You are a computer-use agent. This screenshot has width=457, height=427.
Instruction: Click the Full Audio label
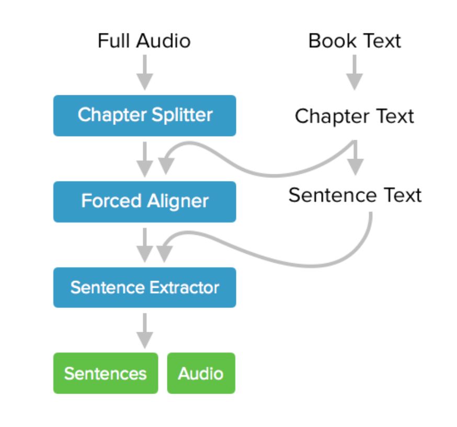[x=144, y=41]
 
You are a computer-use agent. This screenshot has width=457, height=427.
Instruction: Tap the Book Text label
[x=355, y=41]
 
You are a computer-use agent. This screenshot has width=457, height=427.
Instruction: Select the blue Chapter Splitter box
[x=144, y=115]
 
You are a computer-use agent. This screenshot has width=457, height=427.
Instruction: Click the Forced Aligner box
[x=144, y=201]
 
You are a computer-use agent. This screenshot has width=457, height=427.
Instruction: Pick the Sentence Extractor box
[x=144, y=287]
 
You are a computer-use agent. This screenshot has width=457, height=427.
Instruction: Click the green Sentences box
[x=105, y=373]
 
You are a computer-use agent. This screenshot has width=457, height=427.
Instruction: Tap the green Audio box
[x=201, y=373]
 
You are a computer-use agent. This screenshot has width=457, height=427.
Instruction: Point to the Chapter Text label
[x=354, y=116]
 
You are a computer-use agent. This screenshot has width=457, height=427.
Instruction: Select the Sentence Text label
[x=355, y=195]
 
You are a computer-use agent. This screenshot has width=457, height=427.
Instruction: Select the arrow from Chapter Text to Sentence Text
[x=356, y=159]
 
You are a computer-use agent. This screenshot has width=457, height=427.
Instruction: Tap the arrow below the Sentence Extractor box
[x=145, y=330]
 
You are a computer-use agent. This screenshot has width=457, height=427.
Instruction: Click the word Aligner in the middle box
[x=178, y=201]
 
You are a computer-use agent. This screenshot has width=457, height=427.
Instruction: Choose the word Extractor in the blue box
[x=184, y=287]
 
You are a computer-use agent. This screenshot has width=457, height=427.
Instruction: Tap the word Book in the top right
[x=328, y=41]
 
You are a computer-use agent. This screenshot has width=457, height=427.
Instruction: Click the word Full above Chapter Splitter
[x=111, y=41]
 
